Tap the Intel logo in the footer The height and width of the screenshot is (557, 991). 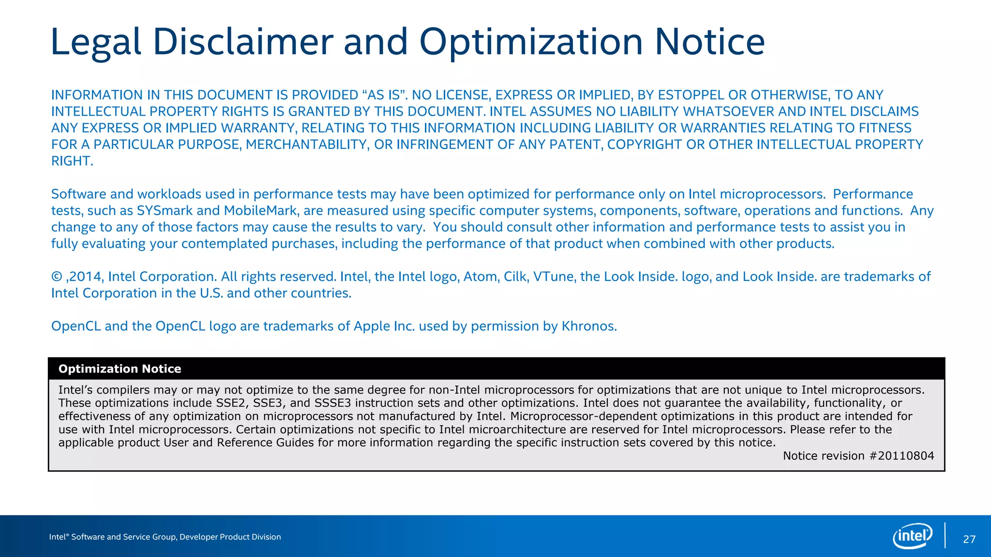(x=912, y=536)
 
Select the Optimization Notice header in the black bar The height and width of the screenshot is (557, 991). (x=120, y=369)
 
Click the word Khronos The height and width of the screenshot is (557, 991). (x=588, y=326)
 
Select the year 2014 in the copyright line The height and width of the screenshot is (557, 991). (x=85, y=277)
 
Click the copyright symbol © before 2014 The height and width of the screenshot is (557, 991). (x=57, y=277)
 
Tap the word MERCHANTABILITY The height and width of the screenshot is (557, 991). (x=307, y=145)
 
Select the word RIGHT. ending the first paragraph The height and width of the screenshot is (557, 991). (x=72, y=161)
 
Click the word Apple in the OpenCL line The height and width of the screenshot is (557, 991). (x=372, y=326)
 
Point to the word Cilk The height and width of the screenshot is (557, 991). (x=516, y=277)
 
